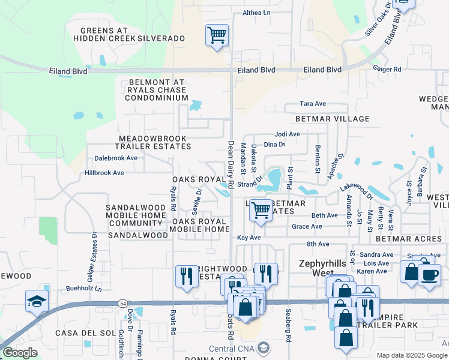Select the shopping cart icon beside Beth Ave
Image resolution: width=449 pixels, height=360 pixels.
(x=261, y=211)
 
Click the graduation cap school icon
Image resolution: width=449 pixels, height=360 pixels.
(x=37, y=301)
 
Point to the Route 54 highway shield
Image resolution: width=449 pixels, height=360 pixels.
(x=122, y=304)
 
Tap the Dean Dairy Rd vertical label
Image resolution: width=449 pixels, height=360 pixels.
(x=231, y=160)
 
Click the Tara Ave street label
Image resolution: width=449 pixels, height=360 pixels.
(x=312, y=104)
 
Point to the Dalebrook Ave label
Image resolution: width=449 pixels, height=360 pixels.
(x=116, y=158)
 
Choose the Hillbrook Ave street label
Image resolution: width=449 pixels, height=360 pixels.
(x=104, y=173)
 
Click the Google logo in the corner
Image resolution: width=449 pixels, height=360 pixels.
(x=20, y=353)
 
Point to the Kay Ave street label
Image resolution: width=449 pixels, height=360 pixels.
(x=249, y=238)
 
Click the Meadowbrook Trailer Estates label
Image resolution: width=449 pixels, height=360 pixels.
(x=155, y=142)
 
